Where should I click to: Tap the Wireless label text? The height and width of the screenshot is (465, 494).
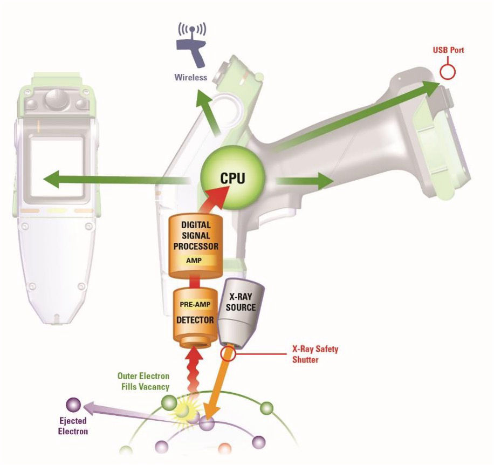[x=190, y=77]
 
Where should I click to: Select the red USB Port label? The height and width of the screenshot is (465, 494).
[x=448, y=51]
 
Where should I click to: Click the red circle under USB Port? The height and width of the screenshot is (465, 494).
[x=447, y=71]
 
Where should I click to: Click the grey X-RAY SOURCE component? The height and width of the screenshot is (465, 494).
[x=239, y=312]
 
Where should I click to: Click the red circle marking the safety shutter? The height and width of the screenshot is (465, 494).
[x=229, y=353]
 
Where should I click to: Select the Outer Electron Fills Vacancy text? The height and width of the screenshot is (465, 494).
[x=143, y=381]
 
